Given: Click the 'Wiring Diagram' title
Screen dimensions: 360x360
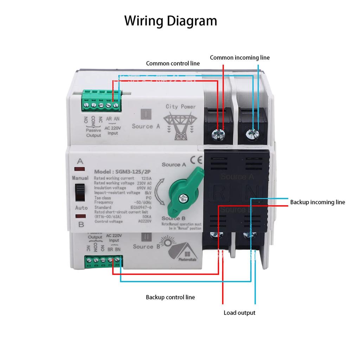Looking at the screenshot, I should point(171,21).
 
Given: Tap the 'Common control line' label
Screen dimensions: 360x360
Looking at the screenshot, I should point(173,64).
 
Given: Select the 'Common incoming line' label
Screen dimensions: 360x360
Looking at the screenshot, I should point(240,58).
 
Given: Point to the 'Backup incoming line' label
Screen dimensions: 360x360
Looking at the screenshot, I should point(317,202).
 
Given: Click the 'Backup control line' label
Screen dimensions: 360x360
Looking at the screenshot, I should point(170,297).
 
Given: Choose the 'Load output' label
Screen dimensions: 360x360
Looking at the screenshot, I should point(239,313).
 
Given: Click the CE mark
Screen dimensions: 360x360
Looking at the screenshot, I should point(196,160).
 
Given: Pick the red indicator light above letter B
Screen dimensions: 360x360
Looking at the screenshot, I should point(81,217).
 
